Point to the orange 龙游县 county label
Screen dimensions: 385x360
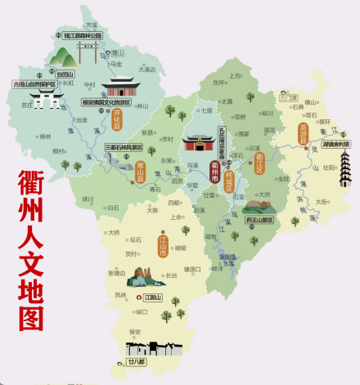[x=303, y=134]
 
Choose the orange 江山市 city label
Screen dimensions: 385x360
[x=163, y=248]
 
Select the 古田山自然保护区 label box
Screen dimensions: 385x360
[x=34, y=83]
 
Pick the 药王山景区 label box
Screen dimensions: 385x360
[x=259, y=220]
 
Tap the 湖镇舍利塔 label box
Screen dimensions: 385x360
[x=335, y=144]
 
